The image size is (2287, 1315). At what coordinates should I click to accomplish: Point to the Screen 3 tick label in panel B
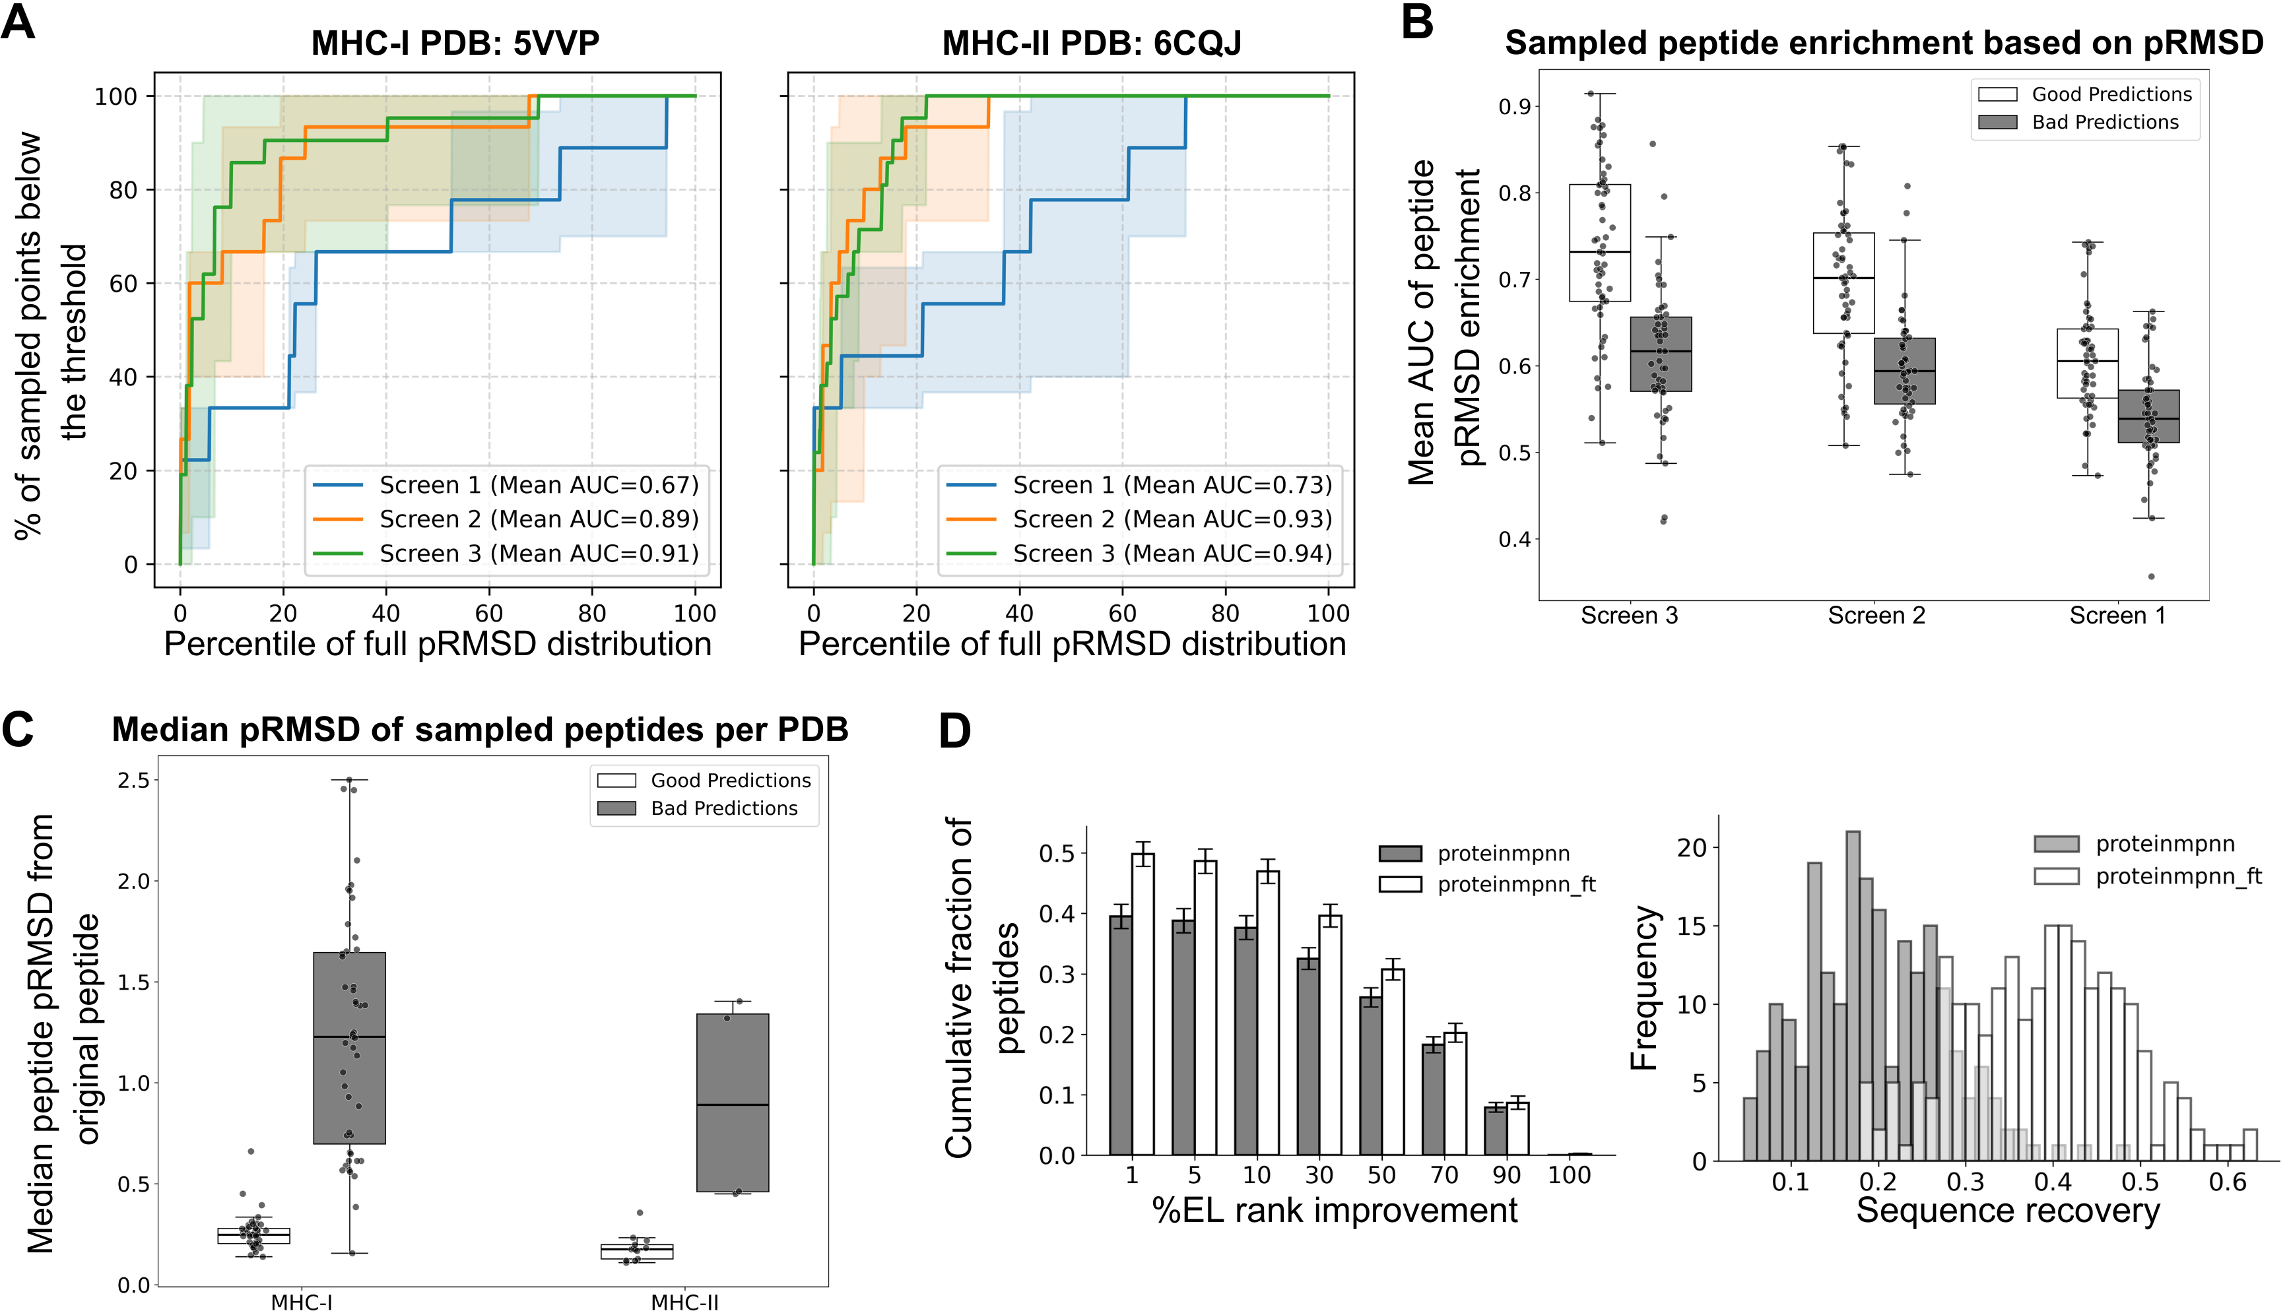1628,616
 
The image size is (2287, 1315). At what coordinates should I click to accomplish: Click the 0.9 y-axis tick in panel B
1513,107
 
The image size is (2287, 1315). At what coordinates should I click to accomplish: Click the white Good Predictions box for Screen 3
1600,242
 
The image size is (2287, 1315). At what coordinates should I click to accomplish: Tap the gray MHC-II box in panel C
733,1103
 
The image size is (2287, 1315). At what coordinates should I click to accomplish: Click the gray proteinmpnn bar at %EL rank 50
1370,1075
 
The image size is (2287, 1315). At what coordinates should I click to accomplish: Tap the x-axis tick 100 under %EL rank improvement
1569,1175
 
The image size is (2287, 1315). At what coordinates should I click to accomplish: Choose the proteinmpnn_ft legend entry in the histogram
2177,876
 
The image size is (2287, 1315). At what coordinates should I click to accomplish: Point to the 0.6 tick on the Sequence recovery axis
2226,1182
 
